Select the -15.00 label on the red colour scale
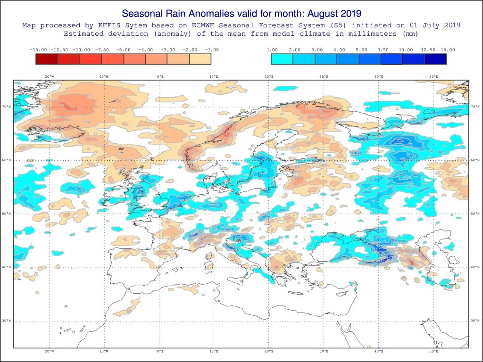pos(37,49)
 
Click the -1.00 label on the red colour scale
pos(211,49)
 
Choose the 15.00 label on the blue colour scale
pos(448,49)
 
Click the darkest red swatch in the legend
pos(46,59)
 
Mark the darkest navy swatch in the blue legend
pos(435,59)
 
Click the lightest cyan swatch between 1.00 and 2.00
pos(282,59)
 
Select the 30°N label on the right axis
pos(475,321)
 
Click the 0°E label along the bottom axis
pos(160,351)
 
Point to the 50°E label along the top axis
pos(433,76)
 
